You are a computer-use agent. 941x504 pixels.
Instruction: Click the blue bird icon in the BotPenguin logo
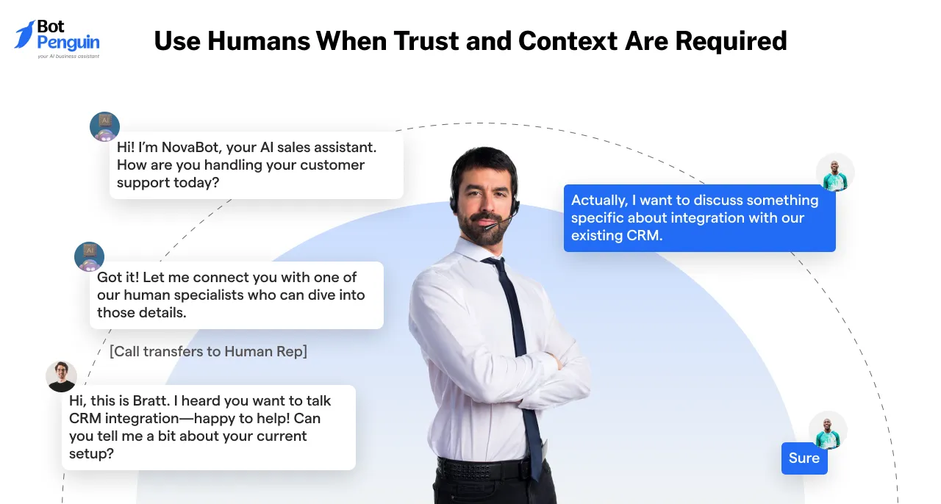click(x=25, y=35)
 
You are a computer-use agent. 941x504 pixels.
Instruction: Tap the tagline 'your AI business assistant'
click(x=68, y=56)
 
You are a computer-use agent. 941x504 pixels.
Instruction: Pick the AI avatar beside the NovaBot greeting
click(x=104, y=126)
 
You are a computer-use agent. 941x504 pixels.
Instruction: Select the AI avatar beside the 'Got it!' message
click(x=90, y=257)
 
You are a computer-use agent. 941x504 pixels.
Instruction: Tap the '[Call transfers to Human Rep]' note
click(x=208, y=351)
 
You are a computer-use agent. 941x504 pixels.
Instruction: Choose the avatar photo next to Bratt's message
click(x=61, y=376)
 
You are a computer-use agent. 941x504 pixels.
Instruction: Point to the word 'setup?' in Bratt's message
click(x=92, y=453)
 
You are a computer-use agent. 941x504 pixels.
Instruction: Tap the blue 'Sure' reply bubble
click(x=804, y=458)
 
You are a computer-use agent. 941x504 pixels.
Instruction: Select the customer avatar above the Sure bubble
click(x=828, y=430)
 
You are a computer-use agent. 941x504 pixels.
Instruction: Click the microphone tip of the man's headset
click(x=486, y=227)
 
